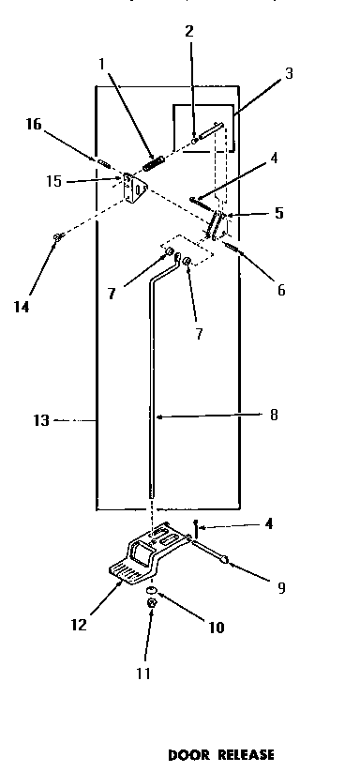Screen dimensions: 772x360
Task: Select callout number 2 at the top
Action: click(x=188, y=31)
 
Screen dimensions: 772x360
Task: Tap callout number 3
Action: click(x=289, y=72)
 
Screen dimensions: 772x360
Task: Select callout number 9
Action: click(x=281, y=589)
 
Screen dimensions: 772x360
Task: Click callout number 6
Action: click(x=280, y=291)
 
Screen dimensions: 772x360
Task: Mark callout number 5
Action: click(x=279, y=214)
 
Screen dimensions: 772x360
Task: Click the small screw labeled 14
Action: click(x=58, y=238)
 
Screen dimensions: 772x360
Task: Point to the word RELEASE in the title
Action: click(x=247, y=753)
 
